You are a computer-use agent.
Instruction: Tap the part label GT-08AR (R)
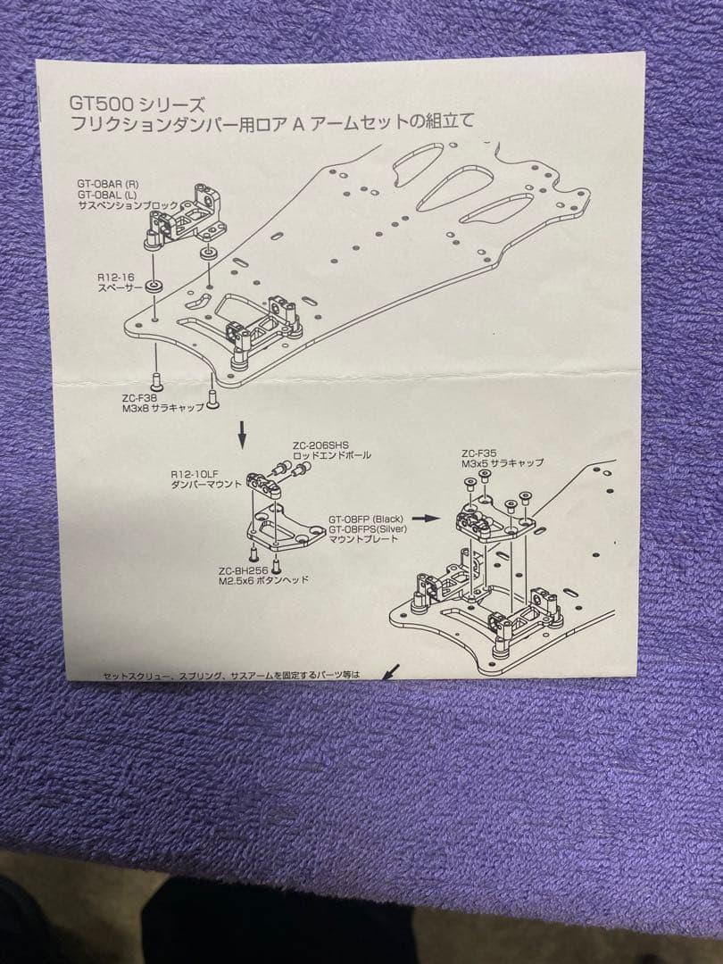[108, 184]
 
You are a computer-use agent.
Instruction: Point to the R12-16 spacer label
[114, 278]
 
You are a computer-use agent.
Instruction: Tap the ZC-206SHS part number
[319, 445]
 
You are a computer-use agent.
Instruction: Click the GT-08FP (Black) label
[366, 519]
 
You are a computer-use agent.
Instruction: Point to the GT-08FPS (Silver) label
[368, 529]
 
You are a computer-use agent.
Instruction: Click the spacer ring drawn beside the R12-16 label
[154, 287]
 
